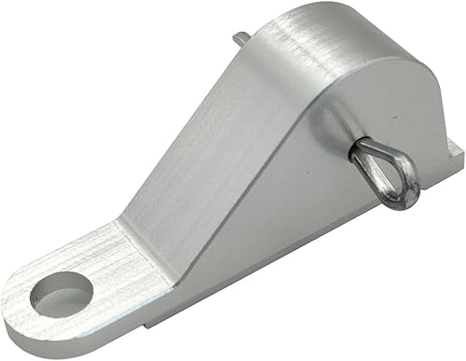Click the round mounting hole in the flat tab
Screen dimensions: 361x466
point(60,298)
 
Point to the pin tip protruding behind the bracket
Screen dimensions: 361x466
point(240,40)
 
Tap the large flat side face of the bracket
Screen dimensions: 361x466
point(308,215)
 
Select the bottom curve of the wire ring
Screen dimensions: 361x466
point(398,202)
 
